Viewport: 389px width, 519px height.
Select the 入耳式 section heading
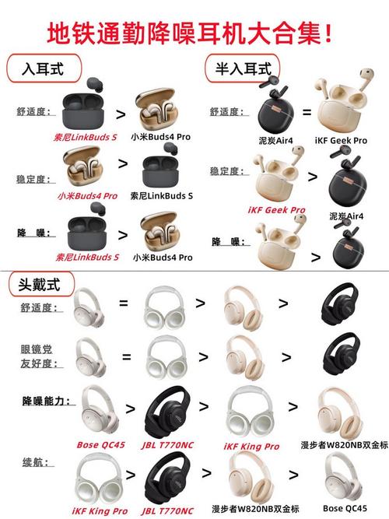(x=45, y=69)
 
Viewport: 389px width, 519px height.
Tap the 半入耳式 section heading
(x=243, y=69)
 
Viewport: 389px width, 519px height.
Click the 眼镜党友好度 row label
(x=39, y=356)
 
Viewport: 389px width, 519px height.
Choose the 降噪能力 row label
(x=48, y=401)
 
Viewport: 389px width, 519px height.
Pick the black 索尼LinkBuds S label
(x=161, y=196)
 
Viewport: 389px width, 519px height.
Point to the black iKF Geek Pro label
(x=340, y=140)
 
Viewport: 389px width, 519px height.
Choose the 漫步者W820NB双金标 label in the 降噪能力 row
(x=343, y=446)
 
